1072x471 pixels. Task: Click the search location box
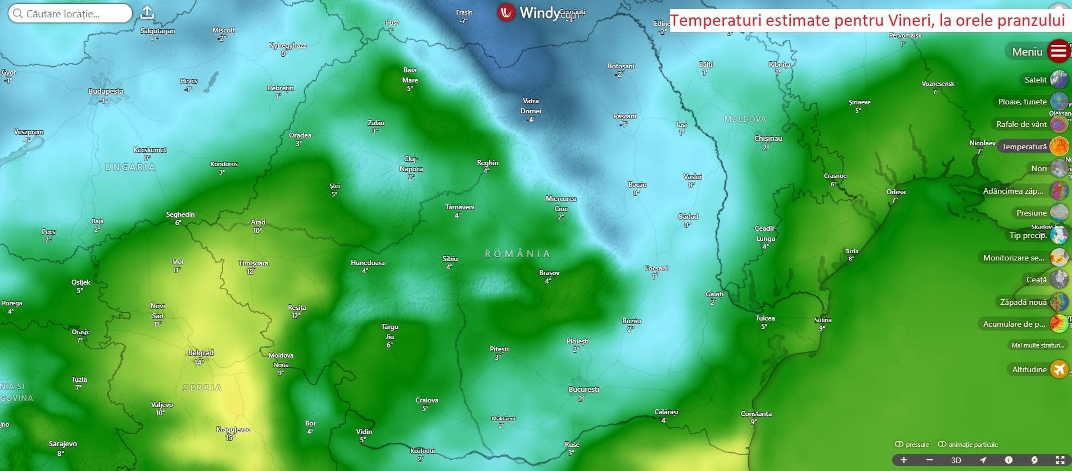(70, 13)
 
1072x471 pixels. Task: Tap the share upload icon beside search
(147, 12)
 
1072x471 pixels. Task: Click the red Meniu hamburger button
(1059, 52)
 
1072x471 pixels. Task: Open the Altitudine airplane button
(1059, 369)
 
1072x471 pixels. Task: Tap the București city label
(584, 390)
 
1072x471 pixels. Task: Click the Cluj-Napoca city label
(411, 164)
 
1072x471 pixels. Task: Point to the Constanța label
(756, 414)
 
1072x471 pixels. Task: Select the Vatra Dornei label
(531, 106)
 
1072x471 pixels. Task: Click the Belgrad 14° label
(201, 353)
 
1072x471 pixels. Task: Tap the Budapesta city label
(106, 92)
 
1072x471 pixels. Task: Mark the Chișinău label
(768, 139)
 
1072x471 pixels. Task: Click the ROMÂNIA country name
(517, 254)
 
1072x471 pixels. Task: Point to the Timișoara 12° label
(253, 263)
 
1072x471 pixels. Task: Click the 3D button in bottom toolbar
(956, 460)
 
